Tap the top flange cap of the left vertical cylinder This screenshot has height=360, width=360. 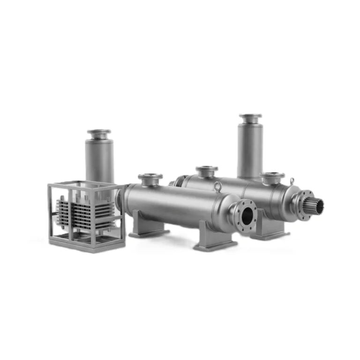click(99, 133)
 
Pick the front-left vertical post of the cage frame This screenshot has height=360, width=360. click(50, 213)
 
